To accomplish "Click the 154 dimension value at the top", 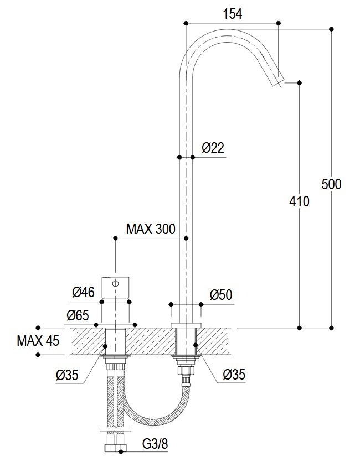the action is (232, 14).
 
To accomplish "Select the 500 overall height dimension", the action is (331, 184).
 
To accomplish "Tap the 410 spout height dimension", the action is (299, 201).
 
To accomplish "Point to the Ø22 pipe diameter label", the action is (213, 148).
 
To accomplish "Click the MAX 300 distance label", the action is (151, 229).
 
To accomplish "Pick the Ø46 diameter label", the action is (84, 292).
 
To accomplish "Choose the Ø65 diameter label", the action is (78, 315).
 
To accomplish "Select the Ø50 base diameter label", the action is (221, 295).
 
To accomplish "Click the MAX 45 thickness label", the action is (38, 341).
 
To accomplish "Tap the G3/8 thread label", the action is (155, 444).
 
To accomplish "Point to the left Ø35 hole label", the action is (67, 375).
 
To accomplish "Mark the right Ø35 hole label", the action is (234, 375).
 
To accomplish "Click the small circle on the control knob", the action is (116, 284).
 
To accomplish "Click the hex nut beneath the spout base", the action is (186, 370).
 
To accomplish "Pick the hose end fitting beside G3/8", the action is (115, 448).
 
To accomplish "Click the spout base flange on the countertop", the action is (186, 325).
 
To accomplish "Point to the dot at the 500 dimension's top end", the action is (331, 29).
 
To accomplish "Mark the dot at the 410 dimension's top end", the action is (300, 83).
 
